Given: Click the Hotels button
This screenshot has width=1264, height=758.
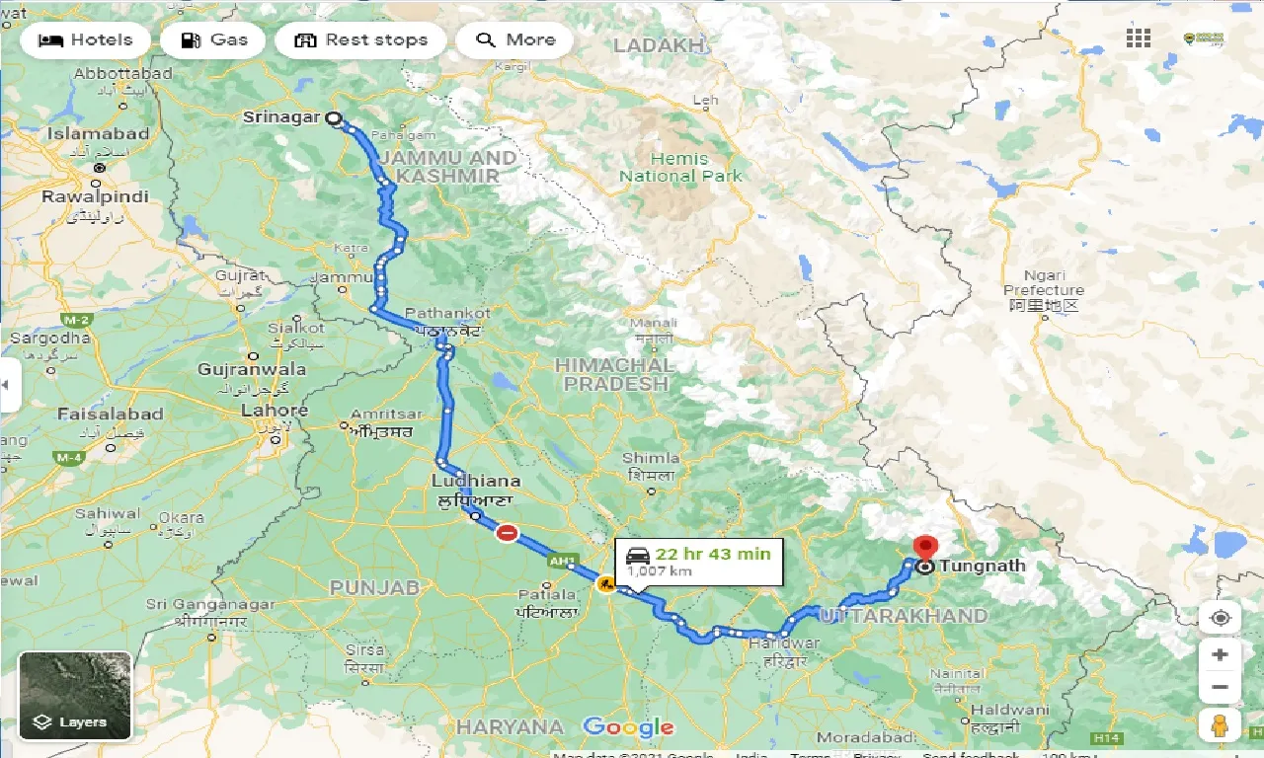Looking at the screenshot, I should (x=85, y=40).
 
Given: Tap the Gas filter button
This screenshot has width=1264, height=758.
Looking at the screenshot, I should (x=212, y=40).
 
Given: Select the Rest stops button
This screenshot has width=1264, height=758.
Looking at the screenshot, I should (x=360, y=40).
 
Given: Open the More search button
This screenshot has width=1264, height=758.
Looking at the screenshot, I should (x=514, y=40).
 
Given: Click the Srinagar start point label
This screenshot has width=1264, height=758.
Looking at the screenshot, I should (x=281, y=117).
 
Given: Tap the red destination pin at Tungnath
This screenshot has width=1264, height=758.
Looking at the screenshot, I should (x=925, y=546).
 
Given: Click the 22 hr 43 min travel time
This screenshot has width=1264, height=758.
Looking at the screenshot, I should (x=711, y=554).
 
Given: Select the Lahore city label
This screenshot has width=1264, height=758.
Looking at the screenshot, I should (x=274, y=411).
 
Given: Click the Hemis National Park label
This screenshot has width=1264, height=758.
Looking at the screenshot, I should (x=680, y=168).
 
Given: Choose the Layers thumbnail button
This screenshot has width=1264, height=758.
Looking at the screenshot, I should (x=74, y=696).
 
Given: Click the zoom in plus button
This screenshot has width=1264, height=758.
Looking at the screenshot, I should (x=1220, y=654).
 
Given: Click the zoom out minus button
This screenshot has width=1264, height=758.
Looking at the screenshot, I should (x=1220, y=687).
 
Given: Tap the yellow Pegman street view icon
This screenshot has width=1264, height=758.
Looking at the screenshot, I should (x=1220, y=724).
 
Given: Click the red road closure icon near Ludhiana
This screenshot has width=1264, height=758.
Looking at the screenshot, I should (x=507, y=533).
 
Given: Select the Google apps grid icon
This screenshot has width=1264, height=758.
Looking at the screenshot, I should (x=1139, y=38).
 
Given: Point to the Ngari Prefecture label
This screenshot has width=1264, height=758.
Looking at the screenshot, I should (x=1044, y=282).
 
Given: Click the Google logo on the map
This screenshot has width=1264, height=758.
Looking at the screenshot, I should (x=628, y=728).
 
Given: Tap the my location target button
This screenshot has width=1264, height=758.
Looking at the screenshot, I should (x=1220, y=618).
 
